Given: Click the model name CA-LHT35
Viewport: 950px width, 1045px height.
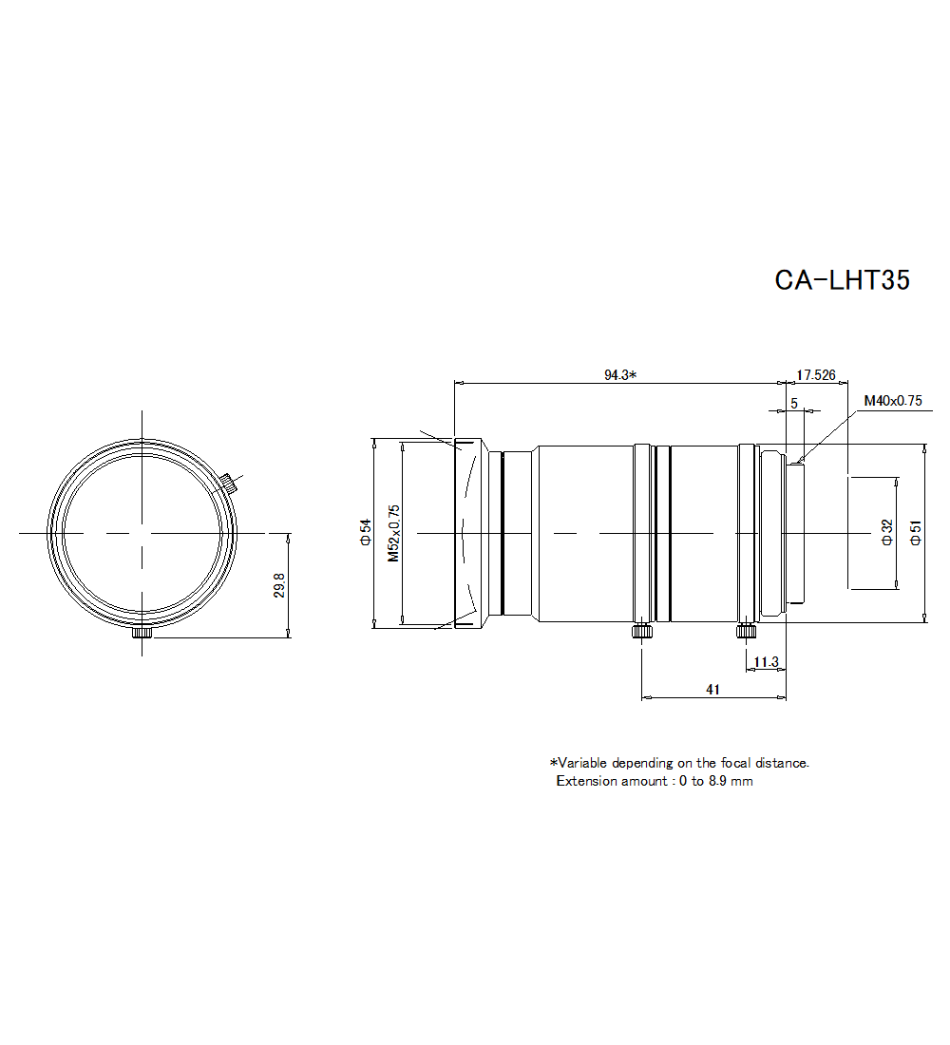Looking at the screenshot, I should (842, 280).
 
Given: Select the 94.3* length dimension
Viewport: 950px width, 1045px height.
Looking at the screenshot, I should (619, 374).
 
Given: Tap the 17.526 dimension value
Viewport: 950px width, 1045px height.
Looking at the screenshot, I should (815, 374).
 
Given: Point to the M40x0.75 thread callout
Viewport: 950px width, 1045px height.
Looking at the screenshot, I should (893, 400).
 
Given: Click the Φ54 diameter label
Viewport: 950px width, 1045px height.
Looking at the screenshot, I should (365, 532).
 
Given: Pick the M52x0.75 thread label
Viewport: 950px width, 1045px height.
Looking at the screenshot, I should (393, 532).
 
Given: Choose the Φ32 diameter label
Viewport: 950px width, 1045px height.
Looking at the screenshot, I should (886, 532).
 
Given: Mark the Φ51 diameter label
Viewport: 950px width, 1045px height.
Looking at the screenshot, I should (915, 532).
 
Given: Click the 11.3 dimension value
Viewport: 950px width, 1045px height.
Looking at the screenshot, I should (766, 661).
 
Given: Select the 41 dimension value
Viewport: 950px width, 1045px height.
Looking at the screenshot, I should (713, 691).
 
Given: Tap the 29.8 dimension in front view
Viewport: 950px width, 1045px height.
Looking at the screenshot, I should (279, 585).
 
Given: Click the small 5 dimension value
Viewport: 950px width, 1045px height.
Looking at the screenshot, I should (794, 403).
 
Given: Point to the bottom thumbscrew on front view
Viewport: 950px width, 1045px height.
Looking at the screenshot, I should (142, 633).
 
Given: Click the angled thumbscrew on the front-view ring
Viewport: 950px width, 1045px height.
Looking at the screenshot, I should (230, 482).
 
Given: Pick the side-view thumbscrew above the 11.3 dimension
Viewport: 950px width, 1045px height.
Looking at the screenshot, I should (746, 631).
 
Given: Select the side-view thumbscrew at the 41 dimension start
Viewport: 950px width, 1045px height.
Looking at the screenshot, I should (642, 631).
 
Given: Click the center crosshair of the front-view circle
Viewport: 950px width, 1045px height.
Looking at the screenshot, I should (142, 533).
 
